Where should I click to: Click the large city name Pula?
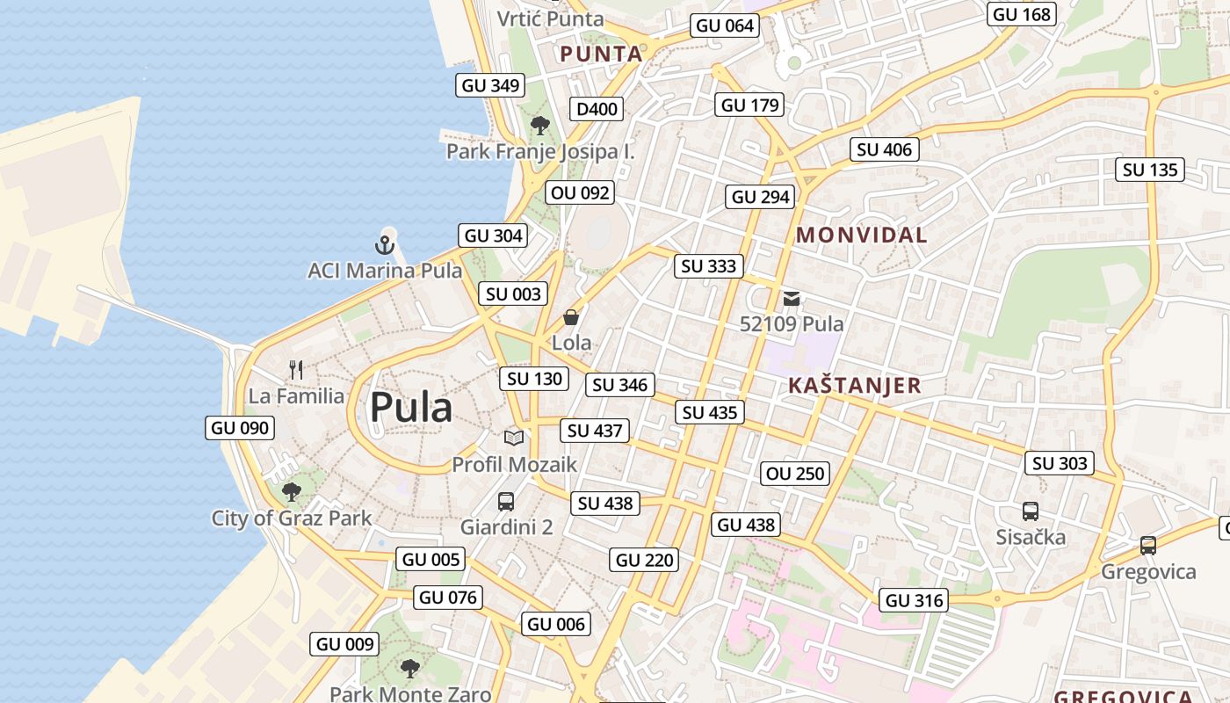tap(411, 408)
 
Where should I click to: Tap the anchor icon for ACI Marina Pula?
tap(385, 245)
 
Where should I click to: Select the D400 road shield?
tap(597, 109)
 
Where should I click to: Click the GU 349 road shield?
tap(491, 85)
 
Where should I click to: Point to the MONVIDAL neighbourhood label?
tap(861, 235)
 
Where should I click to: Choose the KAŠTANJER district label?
tap(854, 385)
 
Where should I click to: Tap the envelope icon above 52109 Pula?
tap(792, 299)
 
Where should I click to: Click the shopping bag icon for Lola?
tap(571, 317)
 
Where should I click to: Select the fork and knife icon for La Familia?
tap(296, 370)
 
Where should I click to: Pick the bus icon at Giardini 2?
tap(506, 502)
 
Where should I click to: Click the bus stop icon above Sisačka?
tap(1031, 511)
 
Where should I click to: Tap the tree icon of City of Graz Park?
tap(292, 492)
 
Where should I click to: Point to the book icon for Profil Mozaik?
tap(514, 438)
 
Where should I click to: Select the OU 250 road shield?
tap(795, 474)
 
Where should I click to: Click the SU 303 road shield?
tap(1060, 463)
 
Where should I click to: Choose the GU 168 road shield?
tap(1021, 14)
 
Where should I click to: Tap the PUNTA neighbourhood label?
tap(601, 54)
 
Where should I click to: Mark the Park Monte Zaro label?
tap(410, 694)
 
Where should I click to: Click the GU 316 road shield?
tap(915, 600)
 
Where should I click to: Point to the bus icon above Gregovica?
tap(1147, 546)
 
